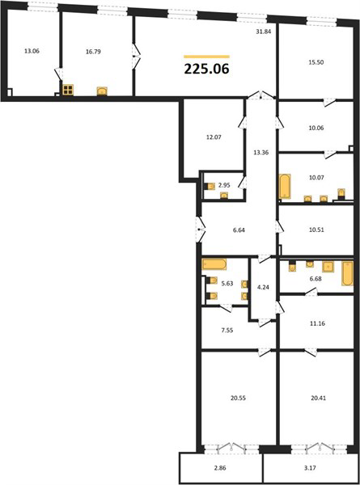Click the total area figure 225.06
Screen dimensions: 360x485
[x=206, y=69]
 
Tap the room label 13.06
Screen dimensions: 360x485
[x=32, y=51]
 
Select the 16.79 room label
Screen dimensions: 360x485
[x=93, y=52]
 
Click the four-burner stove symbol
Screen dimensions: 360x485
[x=68, y=90]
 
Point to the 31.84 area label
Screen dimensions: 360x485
[x=264, y=32]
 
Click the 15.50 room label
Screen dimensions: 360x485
[x=316, y=62]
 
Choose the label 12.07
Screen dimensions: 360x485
[x=214, y=137]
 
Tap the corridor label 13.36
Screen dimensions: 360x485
[x=260, y=153]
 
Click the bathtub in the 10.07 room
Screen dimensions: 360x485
[x=285, y=186]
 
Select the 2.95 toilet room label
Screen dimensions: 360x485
[x=224, y=185]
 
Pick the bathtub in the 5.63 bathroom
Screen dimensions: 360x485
[x=214, y=264]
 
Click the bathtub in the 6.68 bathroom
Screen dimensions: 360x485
[x=347, y=273]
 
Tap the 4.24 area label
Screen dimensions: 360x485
[x=263, y=287]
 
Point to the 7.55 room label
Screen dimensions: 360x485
[x=227, y=331]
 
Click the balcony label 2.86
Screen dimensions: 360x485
[x=220, y=468]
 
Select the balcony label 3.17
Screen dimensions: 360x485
[x=310, y=468]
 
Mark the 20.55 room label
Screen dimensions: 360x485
[x=238, y=398]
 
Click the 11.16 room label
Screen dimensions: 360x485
[x=318, y=323]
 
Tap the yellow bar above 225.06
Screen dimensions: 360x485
[x=206, y=57]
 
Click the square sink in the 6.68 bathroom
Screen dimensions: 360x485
[x=328, y=267]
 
